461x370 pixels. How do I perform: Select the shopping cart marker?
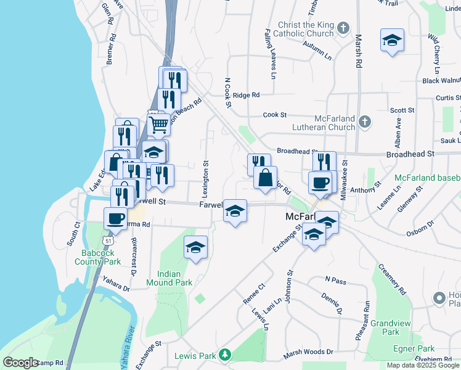(x=159, y=124)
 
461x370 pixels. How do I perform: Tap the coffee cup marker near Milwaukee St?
(x=320, y=183)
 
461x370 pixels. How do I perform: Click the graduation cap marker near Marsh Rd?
(x=393, y=40)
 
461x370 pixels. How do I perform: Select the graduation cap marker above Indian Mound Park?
(x=196, y=247)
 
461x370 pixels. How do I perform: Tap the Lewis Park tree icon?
(x=226, y=355)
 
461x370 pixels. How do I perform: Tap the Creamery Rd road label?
(x=392, y=279)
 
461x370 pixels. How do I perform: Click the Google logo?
(x=20, y=363)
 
